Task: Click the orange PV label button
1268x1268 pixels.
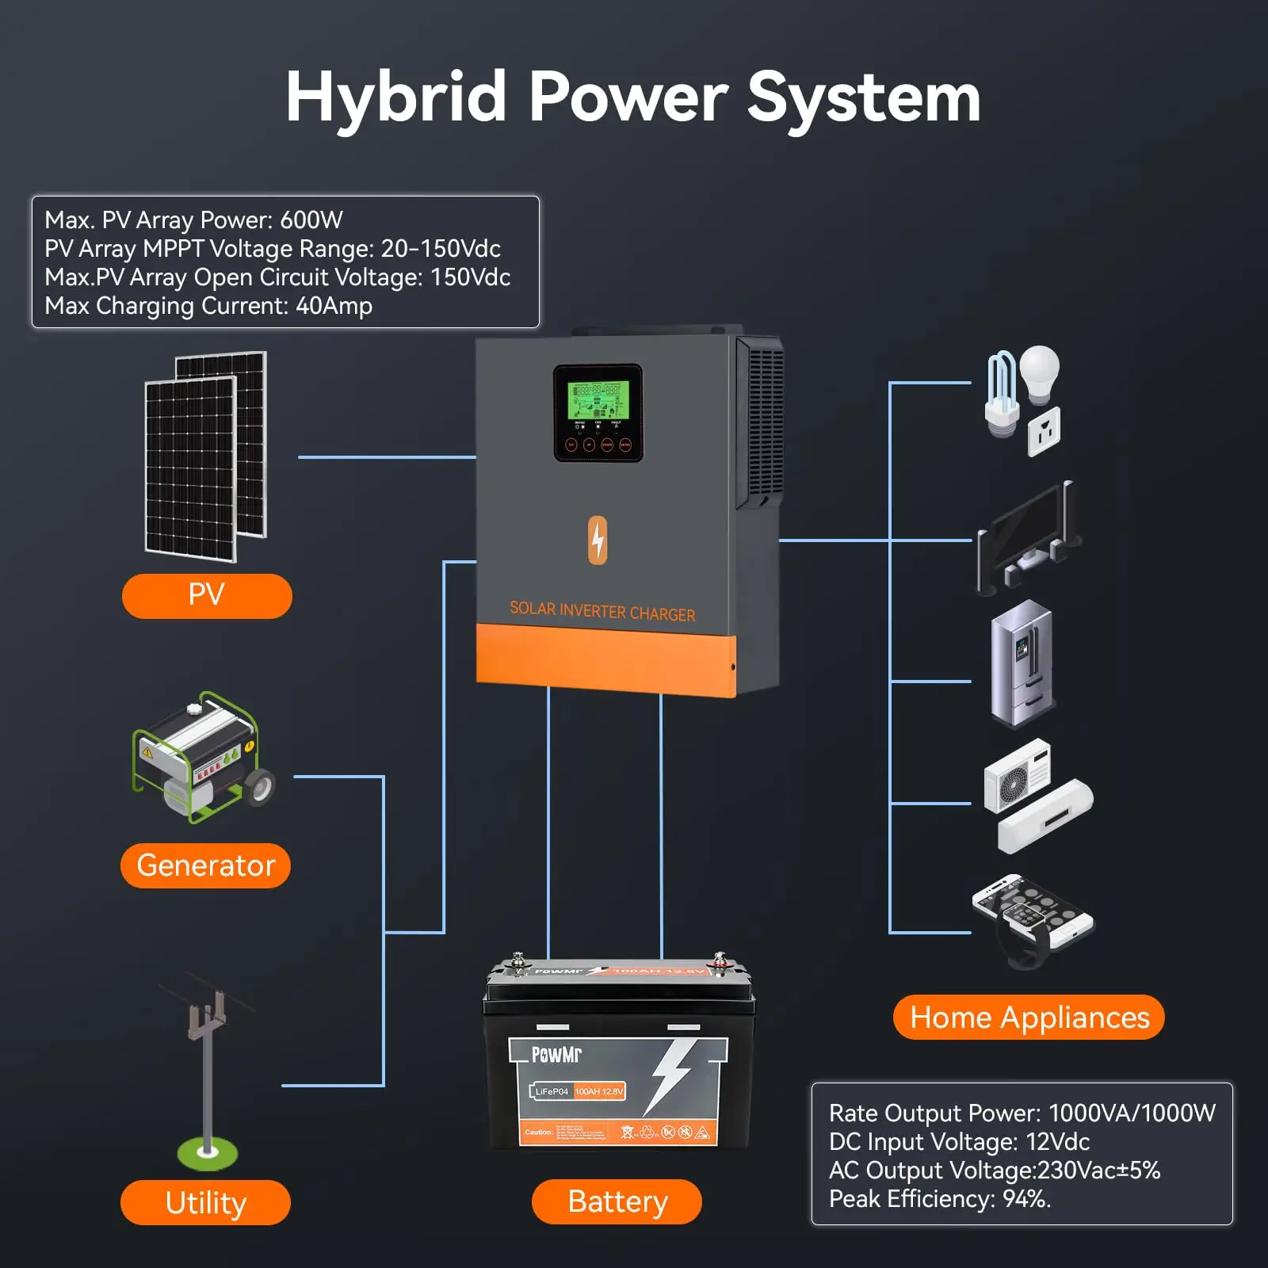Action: click(x=207, y=595)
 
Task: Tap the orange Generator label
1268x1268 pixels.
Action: click(x=205, y=865)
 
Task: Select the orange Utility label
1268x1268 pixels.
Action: click(x=205, y=1202)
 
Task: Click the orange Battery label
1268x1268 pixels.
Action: click(x=617, y=1201)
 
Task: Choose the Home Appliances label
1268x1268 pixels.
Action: click(x=1029, y=1017)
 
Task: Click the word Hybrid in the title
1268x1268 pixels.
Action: click(x=395, y=97)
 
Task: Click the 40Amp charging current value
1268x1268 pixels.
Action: click(x=334, y=306)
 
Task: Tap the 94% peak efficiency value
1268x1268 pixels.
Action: click(x=1026, y=1198)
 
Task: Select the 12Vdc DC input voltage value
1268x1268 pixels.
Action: click(x=1057, y=1141)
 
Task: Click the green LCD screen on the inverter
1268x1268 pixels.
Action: click(x=598, y=399)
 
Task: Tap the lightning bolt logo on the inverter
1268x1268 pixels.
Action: click(x=598, y=540)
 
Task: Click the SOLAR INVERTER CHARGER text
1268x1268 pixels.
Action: click(x=602, y=611)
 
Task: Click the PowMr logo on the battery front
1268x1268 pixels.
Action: click(x=556, y=1054)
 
